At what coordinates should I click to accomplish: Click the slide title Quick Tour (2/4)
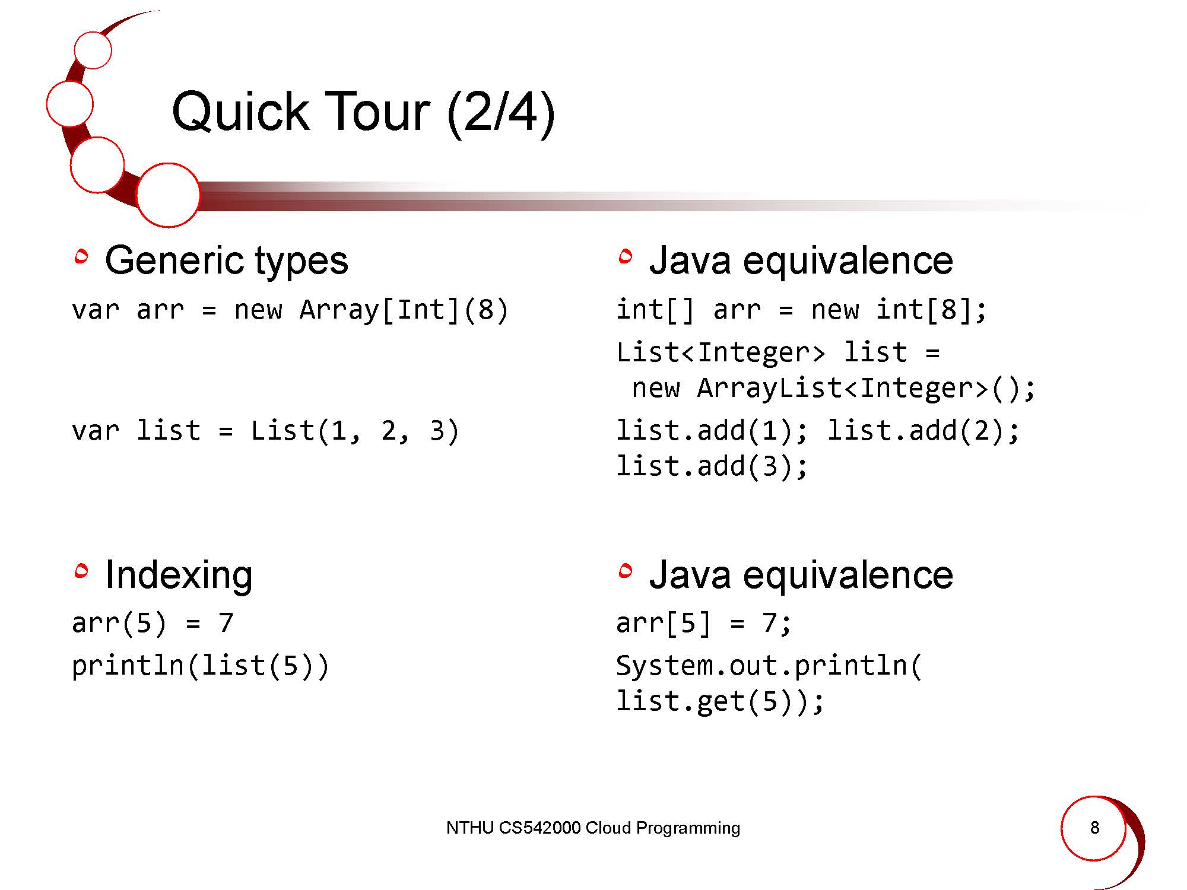coord(363,113)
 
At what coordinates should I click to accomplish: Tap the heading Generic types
coord(226,260)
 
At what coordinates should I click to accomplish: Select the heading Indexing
coord(179,575)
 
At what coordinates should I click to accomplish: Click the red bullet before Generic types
coord(81,256)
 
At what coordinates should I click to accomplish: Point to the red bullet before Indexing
coord(81,570)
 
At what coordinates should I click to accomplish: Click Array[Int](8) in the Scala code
coord(404,310)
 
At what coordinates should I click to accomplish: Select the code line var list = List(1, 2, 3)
coord(265,430)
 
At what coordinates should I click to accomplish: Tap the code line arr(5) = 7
coord(153,623)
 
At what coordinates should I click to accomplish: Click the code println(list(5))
coord(200,666)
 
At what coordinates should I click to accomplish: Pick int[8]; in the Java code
coord(931,310)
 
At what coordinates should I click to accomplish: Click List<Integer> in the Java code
coord(721,352)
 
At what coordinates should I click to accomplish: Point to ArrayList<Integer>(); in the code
coord(866,388)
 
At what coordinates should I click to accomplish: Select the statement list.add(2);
coord(923,430)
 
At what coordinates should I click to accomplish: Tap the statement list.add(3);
coord(712,466)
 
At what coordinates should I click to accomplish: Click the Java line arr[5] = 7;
coord(703,623)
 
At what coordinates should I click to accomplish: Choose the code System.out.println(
coord(769,666)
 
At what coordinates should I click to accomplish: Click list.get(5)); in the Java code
coord(720,701)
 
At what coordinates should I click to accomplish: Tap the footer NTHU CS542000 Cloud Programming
coord(593,828)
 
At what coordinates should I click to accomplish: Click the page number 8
coord(1094,828)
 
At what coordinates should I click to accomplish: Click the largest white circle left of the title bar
coord(168,195)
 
